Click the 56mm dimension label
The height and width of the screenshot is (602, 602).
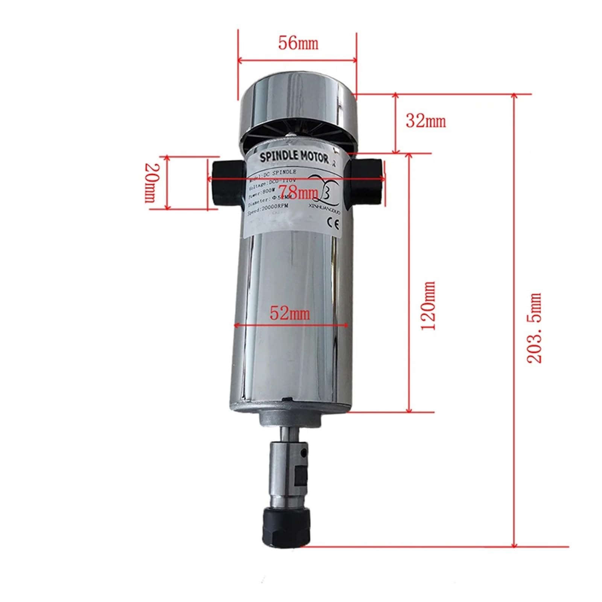click(298, 43)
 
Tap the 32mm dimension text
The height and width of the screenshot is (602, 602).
click(426, 121)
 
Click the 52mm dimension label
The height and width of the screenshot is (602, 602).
click(290, 313)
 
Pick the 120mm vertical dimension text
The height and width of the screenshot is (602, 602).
click(428, 306)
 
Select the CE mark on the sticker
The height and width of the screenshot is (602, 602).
click(334, 225)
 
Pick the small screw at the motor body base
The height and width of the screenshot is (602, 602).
click(289, 399)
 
